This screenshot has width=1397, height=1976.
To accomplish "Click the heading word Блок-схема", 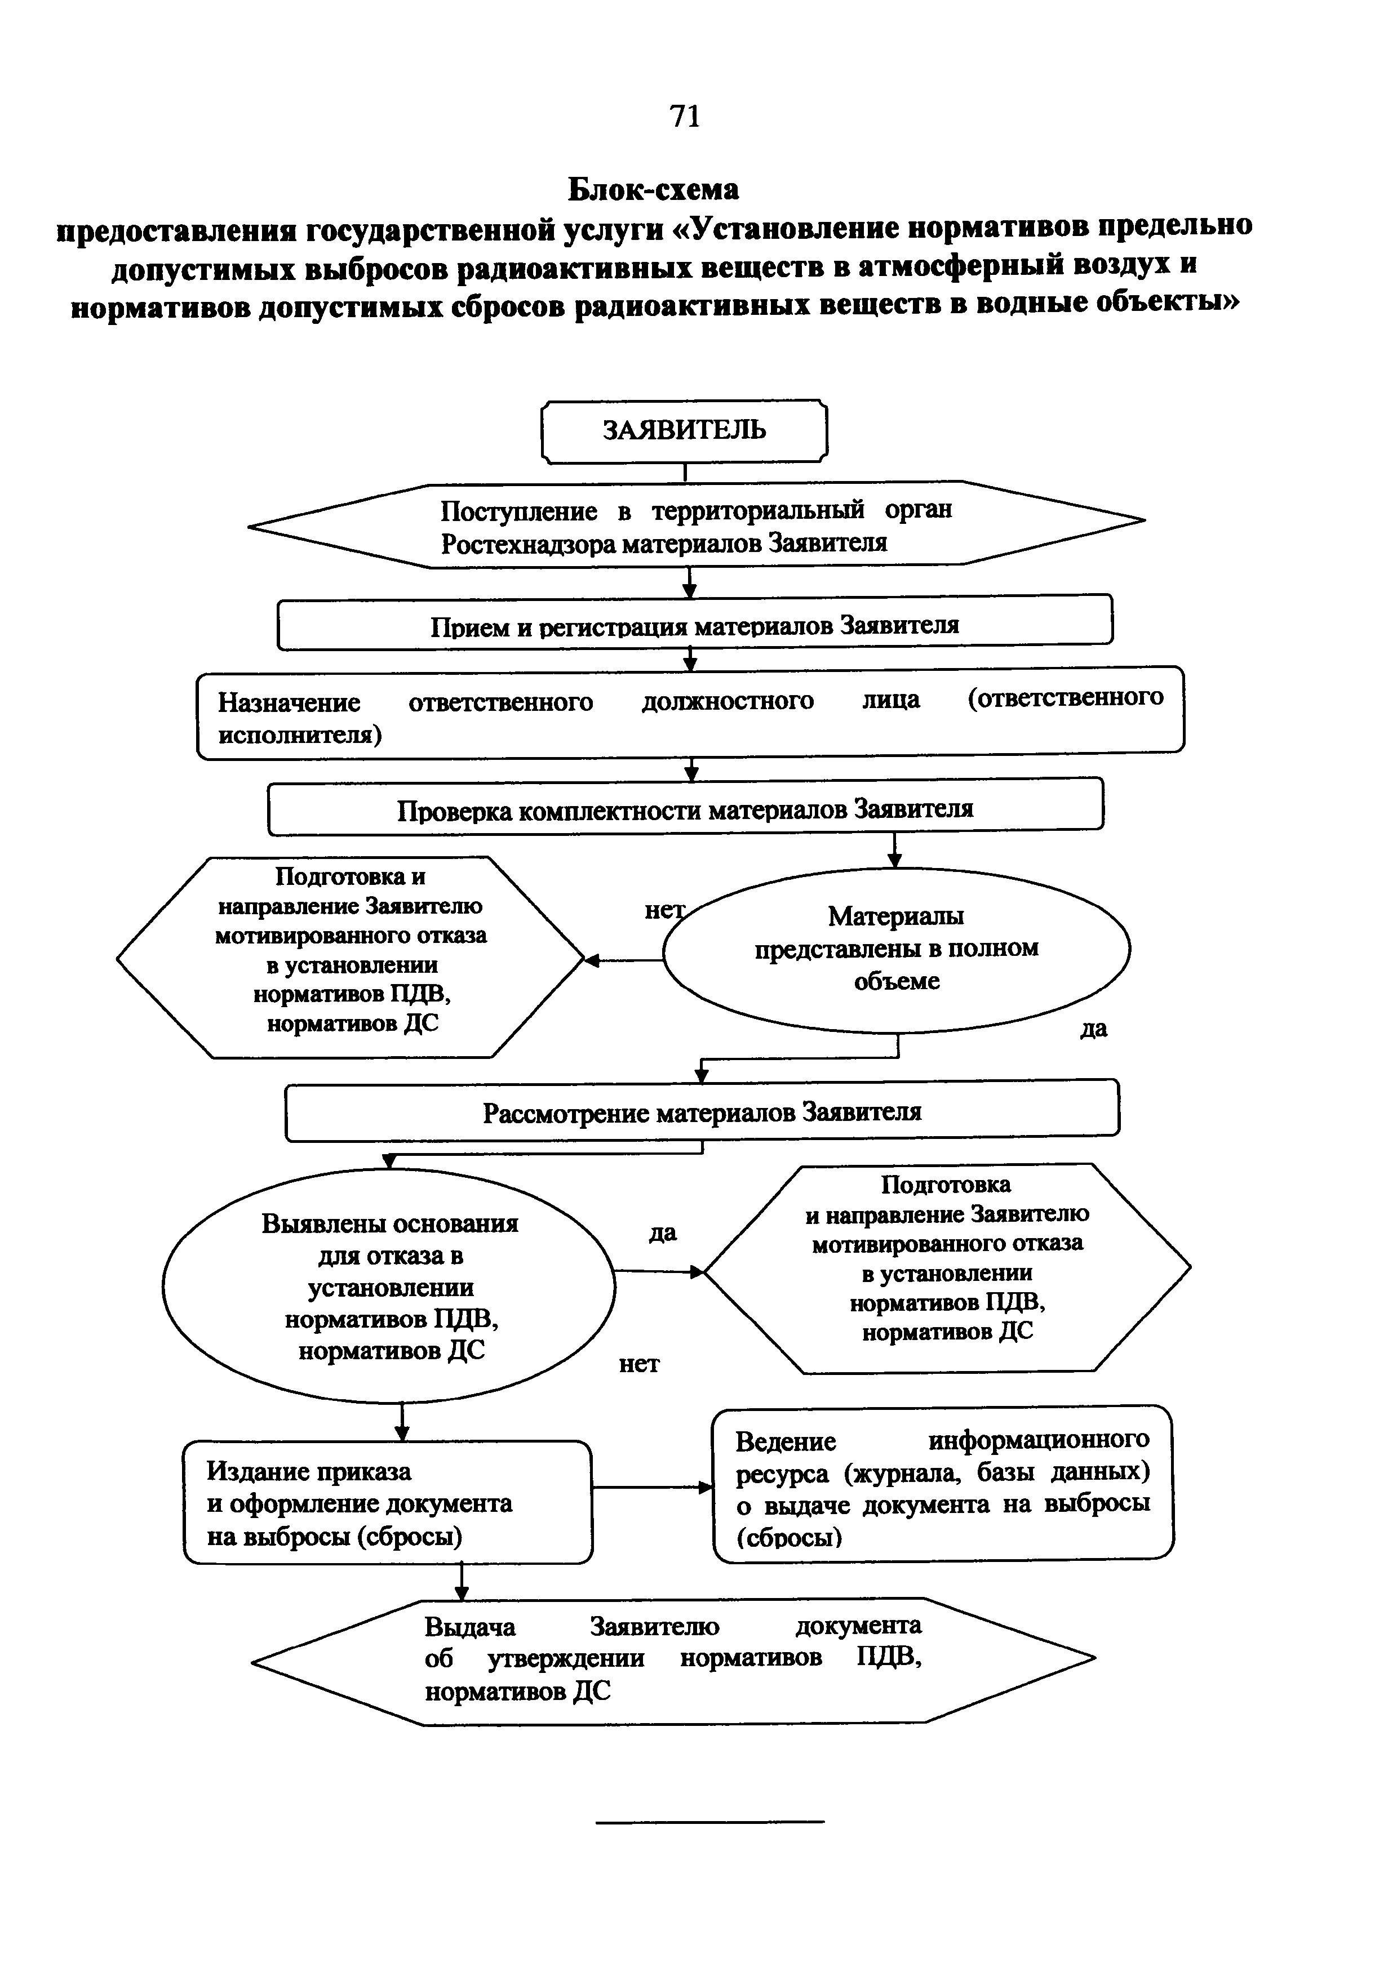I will coord(653,188).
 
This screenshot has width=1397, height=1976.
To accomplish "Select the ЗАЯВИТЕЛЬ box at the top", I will coord(684,430).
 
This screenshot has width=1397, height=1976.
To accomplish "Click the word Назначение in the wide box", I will coord(289,702).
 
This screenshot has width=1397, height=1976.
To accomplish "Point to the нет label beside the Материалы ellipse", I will coord(664,910).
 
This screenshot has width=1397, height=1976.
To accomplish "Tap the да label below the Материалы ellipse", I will coord(1093,1029).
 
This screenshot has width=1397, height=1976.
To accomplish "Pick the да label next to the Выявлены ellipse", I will coord(662,1233).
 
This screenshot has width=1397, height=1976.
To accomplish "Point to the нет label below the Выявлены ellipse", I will coord(638,1364).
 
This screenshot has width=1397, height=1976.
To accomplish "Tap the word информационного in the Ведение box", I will coord(1038,1439).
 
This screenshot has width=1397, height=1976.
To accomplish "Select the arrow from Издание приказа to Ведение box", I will coord(651,1487).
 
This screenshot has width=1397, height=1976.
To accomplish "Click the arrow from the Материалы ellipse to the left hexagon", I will coord(624,960).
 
